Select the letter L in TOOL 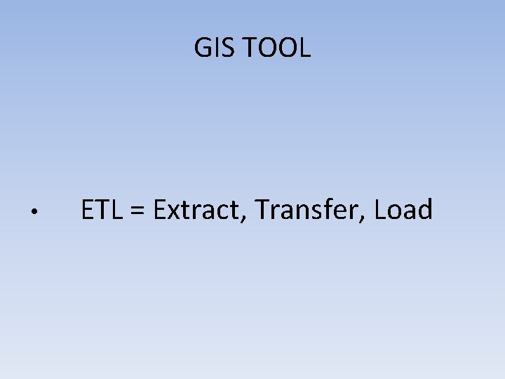[305, 48]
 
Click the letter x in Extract [174, 212]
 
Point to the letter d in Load [425, 210]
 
